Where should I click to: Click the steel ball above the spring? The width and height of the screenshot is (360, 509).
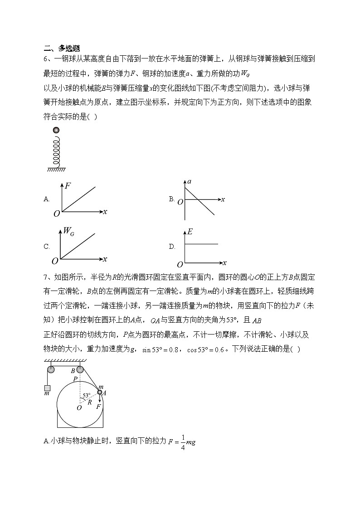56,131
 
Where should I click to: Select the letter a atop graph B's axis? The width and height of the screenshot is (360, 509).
189,181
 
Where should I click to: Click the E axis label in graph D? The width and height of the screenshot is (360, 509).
190,232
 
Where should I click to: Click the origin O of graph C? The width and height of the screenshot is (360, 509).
55,261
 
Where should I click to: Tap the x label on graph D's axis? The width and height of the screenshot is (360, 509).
224,262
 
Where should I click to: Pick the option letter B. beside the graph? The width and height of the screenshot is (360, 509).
172,199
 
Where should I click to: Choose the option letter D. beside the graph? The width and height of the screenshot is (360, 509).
172,247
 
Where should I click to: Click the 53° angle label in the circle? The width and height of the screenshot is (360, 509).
86,395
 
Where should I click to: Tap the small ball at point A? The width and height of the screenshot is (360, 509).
100,392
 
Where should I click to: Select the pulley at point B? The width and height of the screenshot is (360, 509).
80,369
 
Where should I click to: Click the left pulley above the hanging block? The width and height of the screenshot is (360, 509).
50,369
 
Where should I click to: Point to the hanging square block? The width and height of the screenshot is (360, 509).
47,388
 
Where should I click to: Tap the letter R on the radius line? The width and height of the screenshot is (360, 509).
89,402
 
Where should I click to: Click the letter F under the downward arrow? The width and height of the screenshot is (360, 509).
98,407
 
